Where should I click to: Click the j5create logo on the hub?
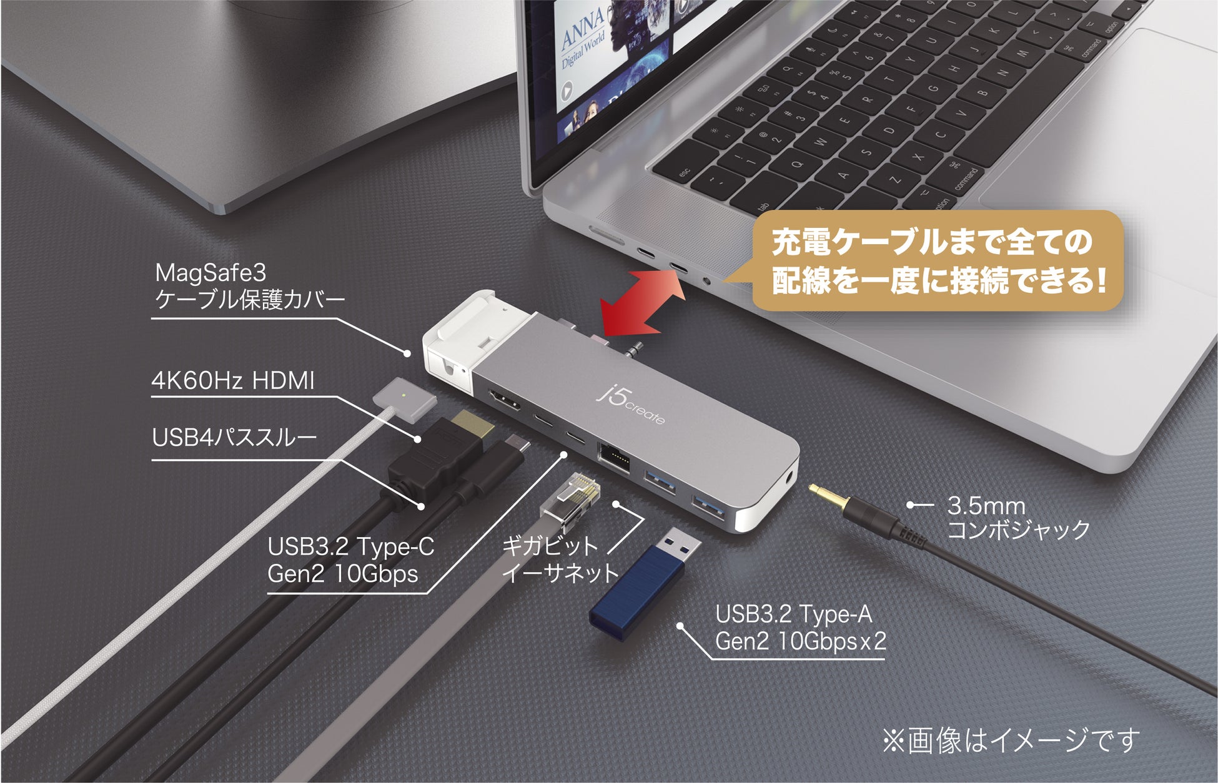coord(630,405)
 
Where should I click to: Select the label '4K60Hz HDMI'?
coord(233,380)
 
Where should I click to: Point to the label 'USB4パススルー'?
coord(234,437)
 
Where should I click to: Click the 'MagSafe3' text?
coord(210,272)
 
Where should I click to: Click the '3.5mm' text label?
coord(986,505)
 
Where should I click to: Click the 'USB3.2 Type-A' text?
coord(793,614)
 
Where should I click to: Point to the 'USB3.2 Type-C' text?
coord(350,546)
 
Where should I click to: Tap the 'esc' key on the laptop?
coord(685,172)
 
